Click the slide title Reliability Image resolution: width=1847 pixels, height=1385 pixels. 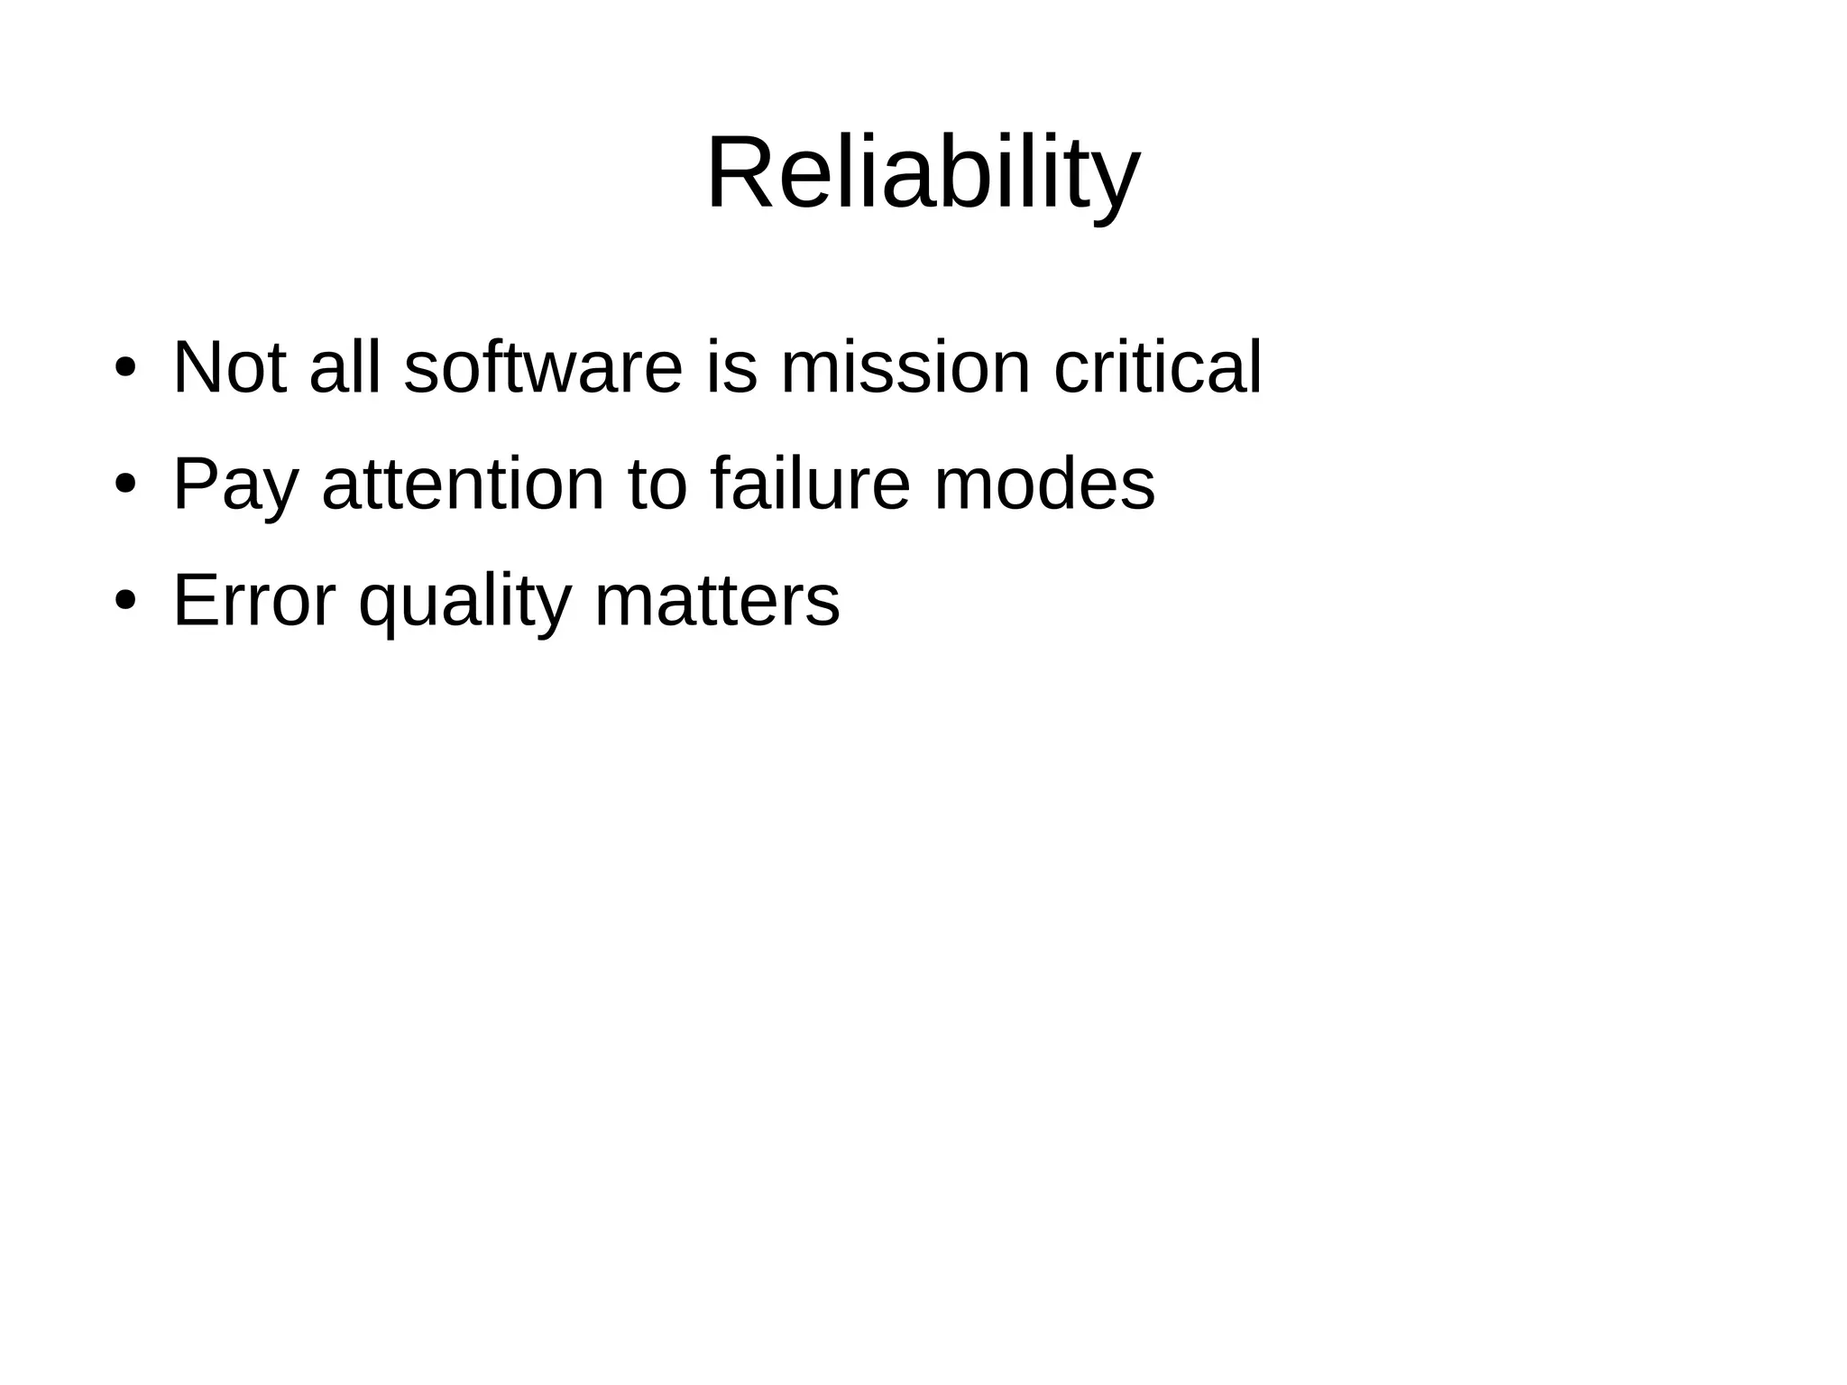pyautogui.click(x=923, y=173)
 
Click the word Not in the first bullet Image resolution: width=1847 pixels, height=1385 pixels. pyautogui.click(x=230, y=367)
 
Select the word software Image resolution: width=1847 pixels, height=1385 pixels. pyautogui.click(x=543, y=367)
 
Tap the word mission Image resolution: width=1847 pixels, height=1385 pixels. pyautogui.click(x=905, y=367)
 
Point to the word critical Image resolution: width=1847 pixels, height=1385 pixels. pyautogui.click(x=1157, y=367)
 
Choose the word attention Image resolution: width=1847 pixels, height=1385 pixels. pyautogui.click(x=463, y=484)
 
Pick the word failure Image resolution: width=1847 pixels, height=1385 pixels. pyautogui.click(x=810, y=484)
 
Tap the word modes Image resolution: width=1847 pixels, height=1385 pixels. pyautogui.click(x=1044, y=484)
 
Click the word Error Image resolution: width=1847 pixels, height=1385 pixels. pyautogui.click(x=253, y=600)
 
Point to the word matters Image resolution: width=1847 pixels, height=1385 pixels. pyautogui.click(x=717, y=600)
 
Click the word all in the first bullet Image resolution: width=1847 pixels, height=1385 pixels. pyautogui.click(x=345, y=367)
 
